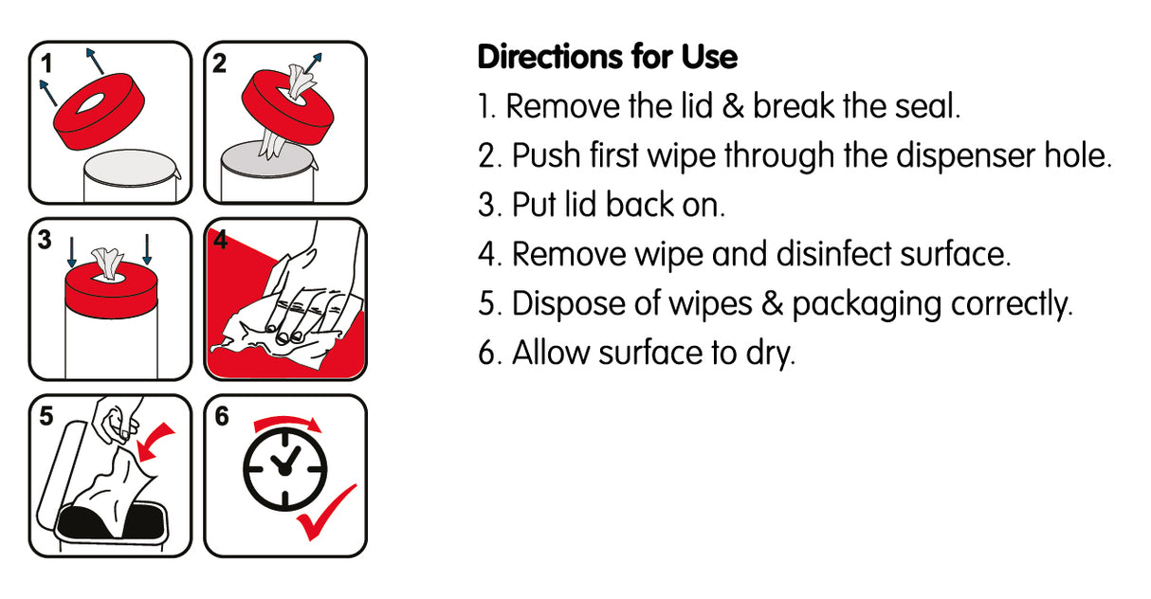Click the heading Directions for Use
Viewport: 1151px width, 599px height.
[x=607, y=58]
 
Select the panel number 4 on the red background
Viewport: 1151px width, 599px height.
[x=221, y=240]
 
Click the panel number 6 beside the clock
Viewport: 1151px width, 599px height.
[x=222, y=416]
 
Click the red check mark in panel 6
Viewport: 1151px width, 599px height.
[x=326, y=513]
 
